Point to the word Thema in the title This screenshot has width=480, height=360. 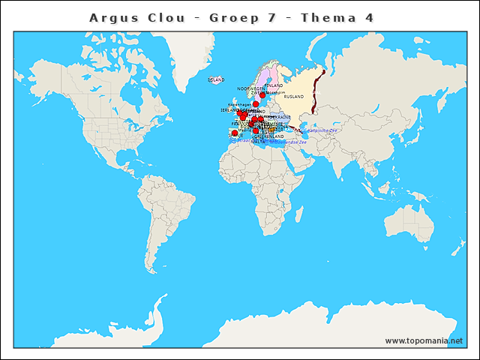tap(327, 17)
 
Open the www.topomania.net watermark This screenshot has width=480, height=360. tap(424, 340)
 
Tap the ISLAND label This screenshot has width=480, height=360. tap(216, 79)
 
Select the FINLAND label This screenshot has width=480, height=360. tap(274, 85)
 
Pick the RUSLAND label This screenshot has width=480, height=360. tap(294, 97)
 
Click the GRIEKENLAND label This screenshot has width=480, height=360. tap(271, 136)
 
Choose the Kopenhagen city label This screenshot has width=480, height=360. tap(239, 104)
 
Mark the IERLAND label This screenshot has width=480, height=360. tap(229, 110)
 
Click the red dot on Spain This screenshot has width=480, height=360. tap(235, 133)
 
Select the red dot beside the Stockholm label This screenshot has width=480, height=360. tap(262, 95)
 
